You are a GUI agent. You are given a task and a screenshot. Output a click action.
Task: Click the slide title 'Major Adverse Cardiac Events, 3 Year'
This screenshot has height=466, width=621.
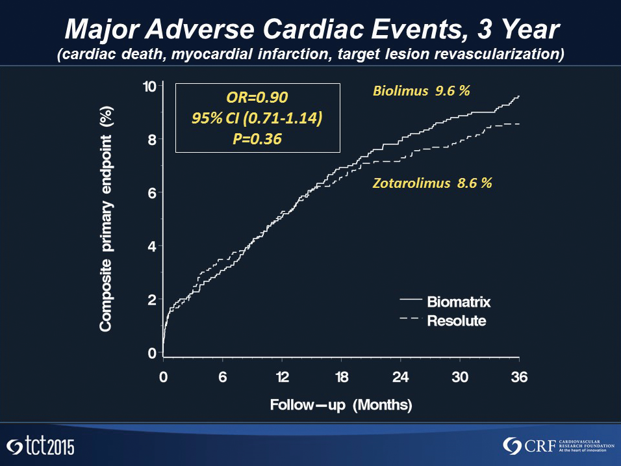pos(310,29)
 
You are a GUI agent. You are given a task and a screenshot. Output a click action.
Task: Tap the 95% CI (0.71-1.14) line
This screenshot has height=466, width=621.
pos(258,118)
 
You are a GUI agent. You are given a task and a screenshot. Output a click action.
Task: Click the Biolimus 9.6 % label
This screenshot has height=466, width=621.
pos(421,92)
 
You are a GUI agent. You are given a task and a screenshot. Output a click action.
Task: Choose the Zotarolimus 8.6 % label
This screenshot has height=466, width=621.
pos(432,183)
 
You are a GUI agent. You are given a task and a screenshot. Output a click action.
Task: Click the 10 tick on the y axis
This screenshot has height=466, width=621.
pos(149,86)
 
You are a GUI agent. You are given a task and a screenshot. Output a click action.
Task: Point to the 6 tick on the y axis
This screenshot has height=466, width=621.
pos(153,193)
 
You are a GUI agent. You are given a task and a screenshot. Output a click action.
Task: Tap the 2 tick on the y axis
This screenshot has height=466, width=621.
pos(153,300)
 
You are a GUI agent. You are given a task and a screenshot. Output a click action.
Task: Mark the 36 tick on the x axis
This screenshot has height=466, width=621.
pos(519,377)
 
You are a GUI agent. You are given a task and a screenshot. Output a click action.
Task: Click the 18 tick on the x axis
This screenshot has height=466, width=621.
pos(341,377)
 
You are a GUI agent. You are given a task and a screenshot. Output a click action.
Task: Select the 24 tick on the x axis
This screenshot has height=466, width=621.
pos(400,377)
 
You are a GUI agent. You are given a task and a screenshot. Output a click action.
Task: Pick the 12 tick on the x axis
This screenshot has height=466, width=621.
pos(281,377)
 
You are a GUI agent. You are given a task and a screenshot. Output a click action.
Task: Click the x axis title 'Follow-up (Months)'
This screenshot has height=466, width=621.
pos(341,406)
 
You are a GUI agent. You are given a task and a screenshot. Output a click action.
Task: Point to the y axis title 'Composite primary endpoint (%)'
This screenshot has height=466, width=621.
pos(105,220)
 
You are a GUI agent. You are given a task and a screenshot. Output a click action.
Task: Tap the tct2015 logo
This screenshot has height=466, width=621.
pos(40,447)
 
